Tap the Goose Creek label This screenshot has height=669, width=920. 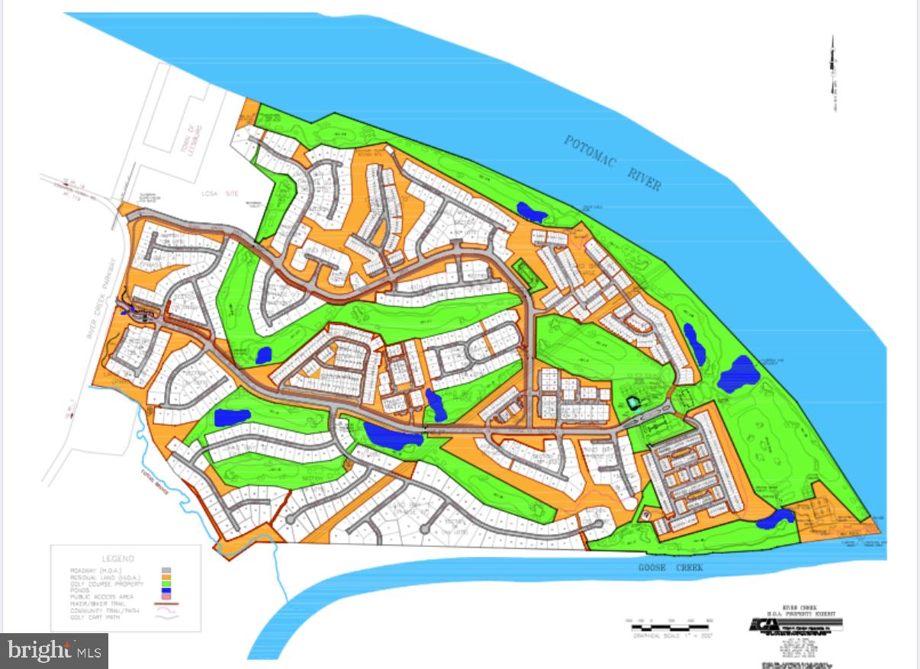[671, 568]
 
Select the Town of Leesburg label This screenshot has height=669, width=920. [186, 140]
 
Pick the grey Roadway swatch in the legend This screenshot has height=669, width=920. [166, 570]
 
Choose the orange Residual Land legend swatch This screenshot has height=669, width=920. [166, 577]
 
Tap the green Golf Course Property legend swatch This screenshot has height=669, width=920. [166, 584]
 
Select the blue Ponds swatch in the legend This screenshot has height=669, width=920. [166, 590]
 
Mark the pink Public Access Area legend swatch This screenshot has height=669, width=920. [166, 597]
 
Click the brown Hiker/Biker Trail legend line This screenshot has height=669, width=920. [166, 603]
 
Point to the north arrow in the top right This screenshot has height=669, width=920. [833, 73]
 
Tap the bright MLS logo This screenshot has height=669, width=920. [54, 651]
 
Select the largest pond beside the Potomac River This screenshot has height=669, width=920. [736, 374]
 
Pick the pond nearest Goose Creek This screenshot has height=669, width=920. [777, 519]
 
